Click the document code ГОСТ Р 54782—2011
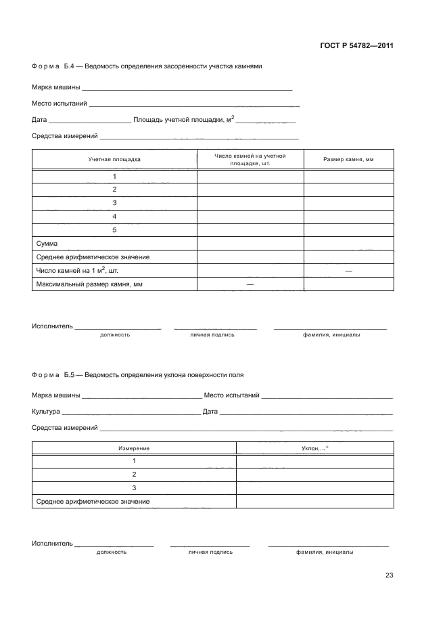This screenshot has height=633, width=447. (x=356, y=46)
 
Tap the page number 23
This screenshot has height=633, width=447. (x=389, y=575)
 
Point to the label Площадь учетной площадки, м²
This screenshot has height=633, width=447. (x=183, y=119)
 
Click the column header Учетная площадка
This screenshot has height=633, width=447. (x=114, y=160)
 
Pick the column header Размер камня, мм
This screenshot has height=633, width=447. (x=348, y=160)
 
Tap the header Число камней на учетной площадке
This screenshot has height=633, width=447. (x=250, y=160)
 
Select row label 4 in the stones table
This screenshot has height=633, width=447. (x=114, y=217)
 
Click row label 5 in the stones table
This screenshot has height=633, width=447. (x=114, y=230)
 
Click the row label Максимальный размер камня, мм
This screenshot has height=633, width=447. (x=89, y=284)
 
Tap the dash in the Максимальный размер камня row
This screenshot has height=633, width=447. (x=250, y=284)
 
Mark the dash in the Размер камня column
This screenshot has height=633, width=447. (x=348, y=271)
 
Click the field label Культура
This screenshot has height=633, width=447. (x=46, y=412)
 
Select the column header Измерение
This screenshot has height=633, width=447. (x=134, y=448)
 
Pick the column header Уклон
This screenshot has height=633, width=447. (x=314, y=448)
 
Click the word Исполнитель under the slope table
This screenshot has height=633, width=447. (x=51, y=544)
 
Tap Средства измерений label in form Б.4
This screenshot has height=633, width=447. (x=65, y=136)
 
